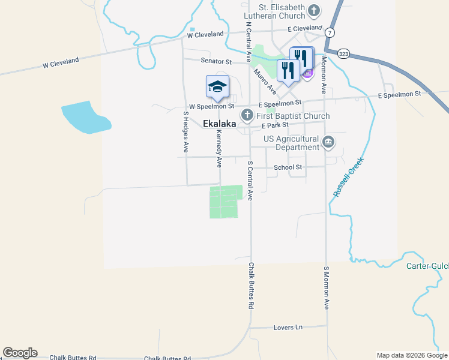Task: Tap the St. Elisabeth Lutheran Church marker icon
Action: pos(314,10)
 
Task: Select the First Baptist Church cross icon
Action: pos(246,115)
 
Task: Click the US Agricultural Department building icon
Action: pos(328,142)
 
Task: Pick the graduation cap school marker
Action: pos(217,87)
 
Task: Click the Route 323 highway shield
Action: pos(343,54)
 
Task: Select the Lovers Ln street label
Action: pos(288,328)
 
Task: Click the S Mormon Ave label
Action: pos(327,287)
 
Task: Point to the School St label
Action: pos(288,168)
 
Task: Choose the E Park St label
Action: pos(275,125)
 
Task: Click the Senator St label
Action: pos(216,61)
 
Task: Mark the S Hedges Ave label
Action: pos(186,131)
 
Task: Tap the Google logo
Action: pos(20,353)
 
